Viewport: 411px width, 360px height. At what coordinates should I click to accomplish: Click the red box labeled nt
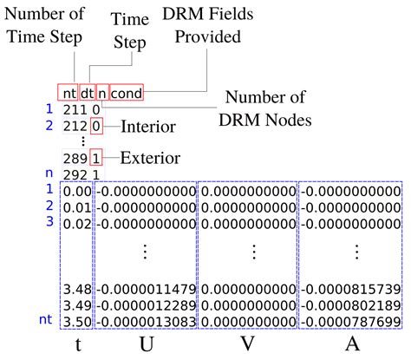coord(68,93)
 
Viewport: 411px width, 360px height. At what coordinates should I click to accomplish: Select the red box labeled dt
coord(88,93)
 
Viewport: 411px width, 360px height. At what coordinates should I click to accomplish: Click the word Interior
coord(148,127)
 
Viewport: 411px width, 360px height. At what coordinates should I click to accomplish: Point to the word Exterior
coord(150,158)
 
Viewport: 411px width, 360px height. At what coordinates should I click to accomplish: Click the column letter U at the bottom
coord(145,344)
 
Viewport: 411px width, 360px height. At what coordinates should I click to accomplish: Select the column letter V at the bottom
coord(247,344)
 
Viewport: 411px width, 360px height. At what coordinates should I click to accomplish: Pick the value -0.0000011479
coord(145,287)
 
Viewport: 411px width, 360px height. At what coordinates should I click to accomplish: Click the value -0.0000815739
coord(351,287)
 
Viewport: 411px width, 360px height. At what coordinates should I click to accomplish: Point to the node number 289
coord(75,159)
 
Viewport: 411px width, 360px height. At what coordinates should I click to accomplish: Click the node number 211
coord(75,110)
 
